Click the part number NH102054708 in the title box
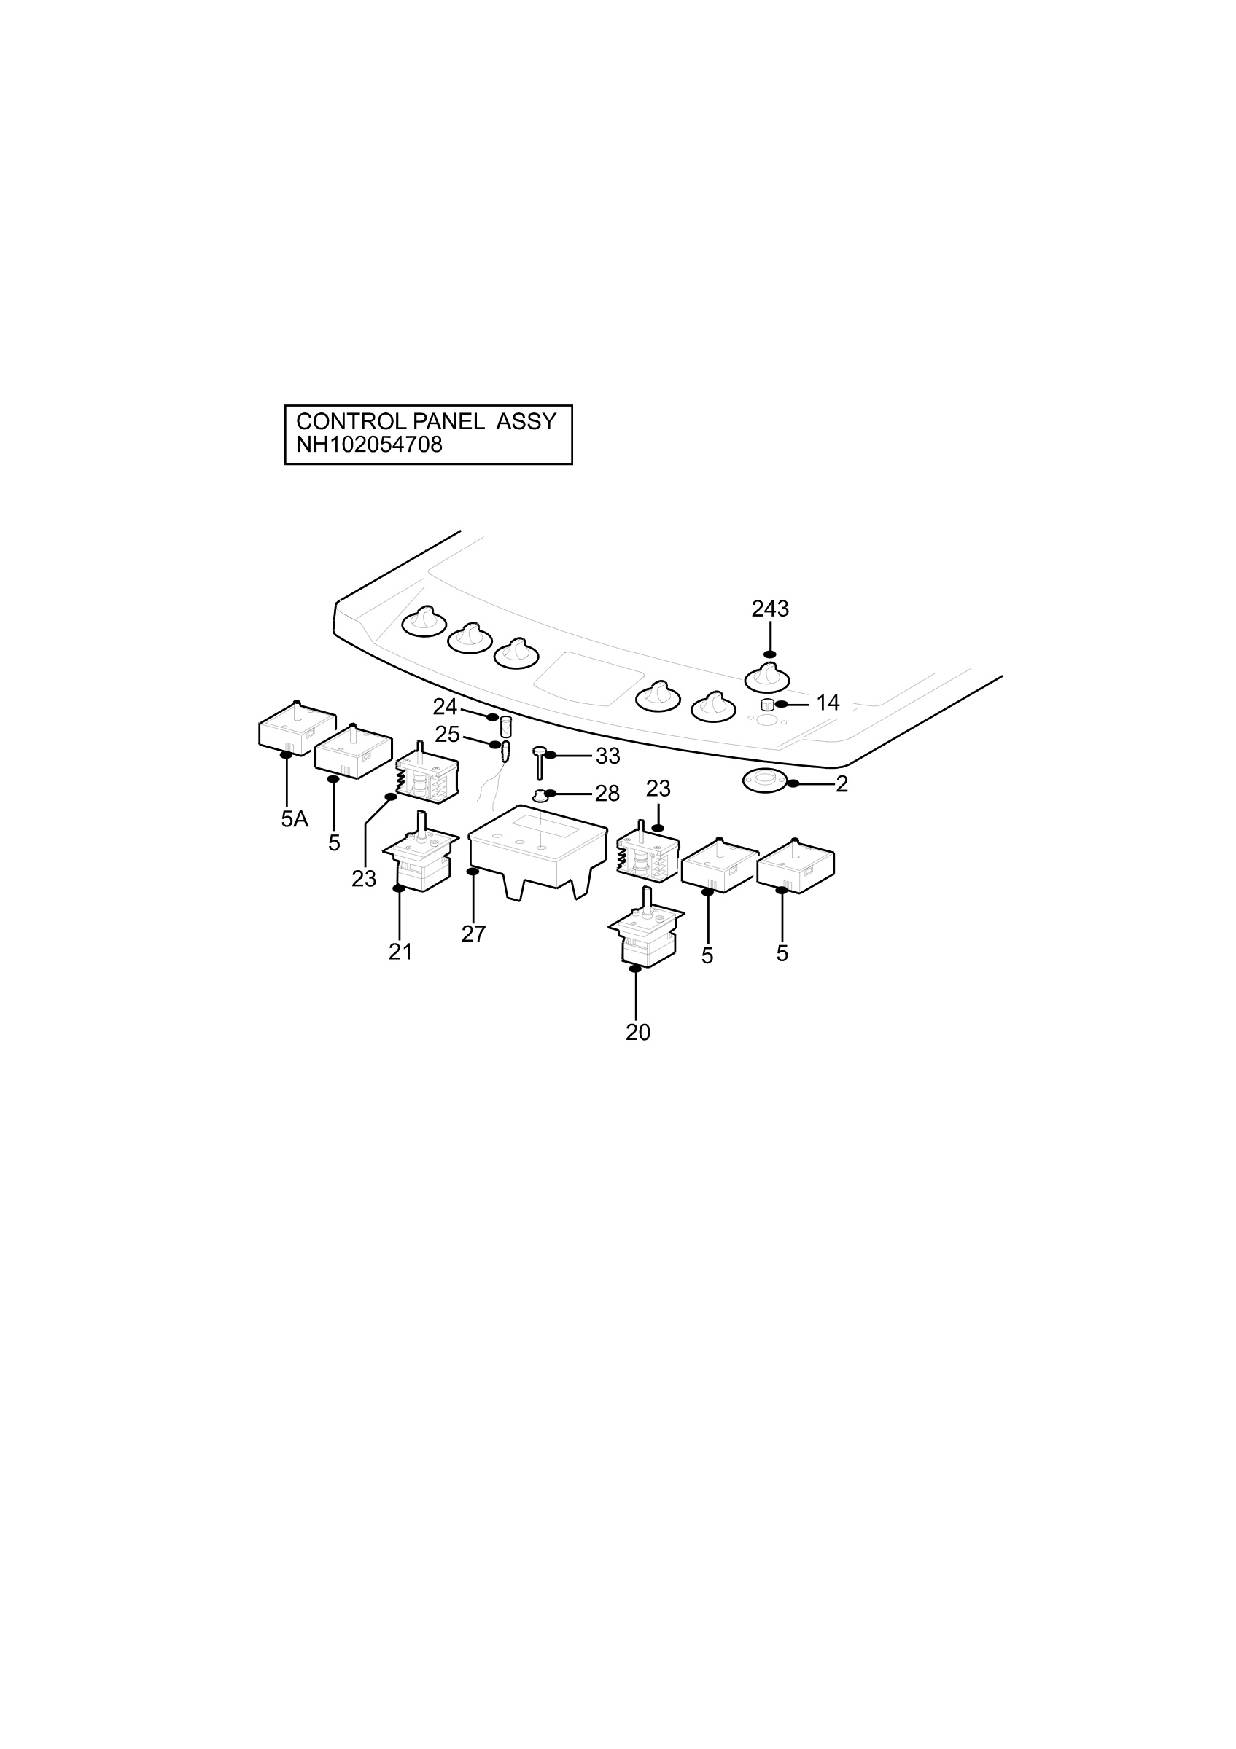[369, 445]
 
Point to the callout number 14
[828, 703]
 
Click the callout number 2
[842, 784]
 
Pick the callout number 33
[607, 756]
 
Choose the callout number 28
[607, 794]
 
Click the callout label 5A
[294, 820]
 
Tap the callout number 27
[473, 934]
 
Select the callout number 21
[400, 952]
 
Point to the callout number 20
[638, 1032]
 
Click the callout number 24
[445, 707]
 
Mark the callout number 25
[447, 735]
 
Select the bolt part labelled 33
[539, 762]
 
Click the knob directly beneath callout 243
[766, 677]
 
